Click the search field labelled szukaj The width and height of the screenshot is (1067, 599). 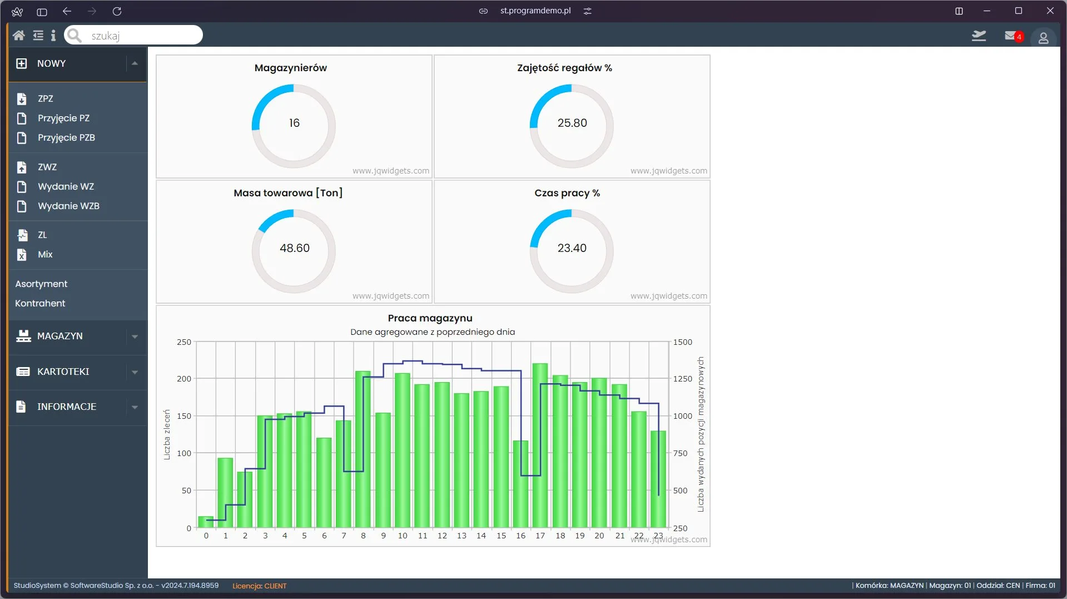pos(133,35)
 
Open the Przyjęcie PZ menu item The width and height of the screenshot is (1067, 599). pos(63,118)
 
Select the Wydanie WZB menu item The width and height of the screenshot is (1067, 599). pos(68,206)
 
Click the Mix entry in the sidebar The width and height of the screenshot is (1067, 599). pos(45,254)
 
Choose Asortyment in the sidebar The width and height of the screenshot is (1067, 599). pos(41,284)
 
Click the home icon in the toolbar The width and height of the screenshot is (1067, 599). pos(18,36)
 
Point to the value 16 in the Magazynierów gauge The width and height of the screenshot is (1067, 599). pos(294,123)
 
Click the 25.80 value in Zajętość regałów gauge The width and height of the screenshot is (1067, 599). pos(572,123)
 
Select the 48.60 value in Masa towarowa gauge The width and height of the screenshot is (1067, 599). pos(294,248)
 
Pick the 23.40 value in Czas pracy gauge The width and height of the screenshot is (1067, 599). pos(572,248)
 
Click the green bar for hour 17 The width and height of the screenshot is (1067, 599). pos(540,445)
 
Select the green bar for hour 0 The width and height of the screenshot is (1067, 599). pos(206,522)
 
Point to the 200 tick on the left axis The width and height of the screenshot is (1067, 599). pos(184,379)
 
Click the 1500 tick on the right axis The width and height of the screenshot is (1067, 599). pos(683,342)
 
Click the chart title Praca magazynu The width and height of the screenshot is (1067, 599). pos(430,318)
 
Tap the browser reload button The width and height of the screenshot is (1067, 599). pos(117,11)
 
